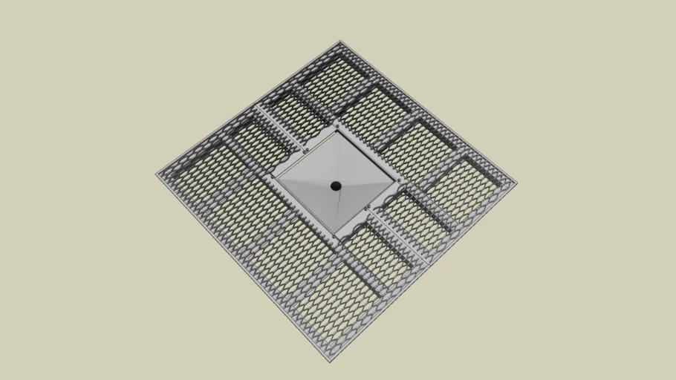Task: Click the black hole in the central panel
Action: (x=335, y=185)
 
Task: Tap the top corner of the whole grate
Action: (x=340, y=42)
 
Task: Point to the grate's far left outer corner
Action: (x=157, y=175)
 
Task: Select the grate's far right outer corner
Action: (x=518, y=183)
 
